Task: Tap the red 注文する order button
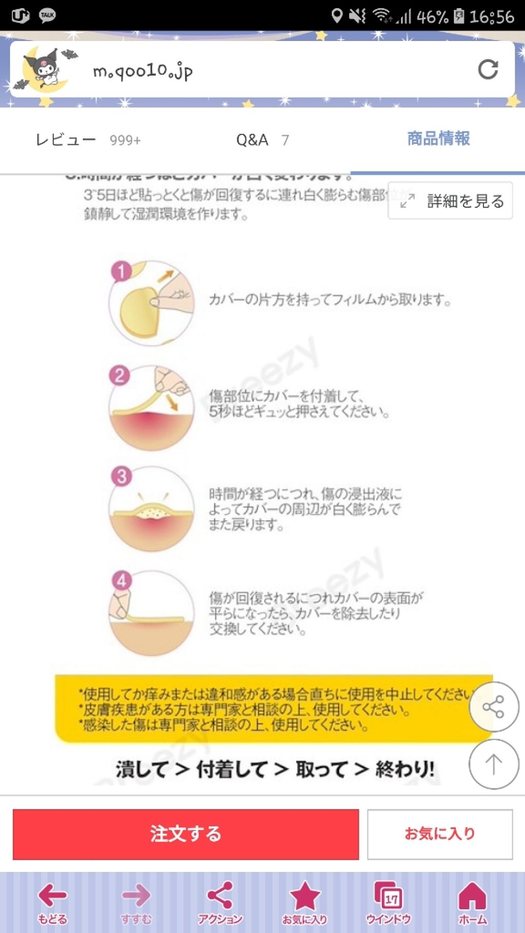[186, 834]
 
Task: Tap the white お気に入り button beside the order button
[440, 834]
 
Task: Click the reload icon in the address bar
[488, 69]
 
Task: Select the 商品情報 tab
[438, 138]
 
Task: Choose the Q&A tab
[262, 139]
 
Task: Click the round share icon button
[494, 707]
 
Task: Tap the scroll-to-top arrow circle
[494, 764]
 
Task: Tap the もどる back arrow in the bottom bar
[52, 903]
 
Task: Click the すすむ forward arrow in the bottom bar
[136, 903]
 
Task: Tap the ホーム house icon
[472, 903]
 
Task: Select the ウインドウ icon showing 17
[388, 903]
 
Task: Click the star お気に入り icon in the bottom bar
[305, 903]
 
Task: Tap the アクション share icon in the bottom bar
[220, 903]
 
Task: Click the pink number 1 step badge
[121, 271]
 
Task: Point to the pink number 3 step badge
[122, 476]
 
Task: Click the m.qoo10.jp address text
[143, 71]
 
